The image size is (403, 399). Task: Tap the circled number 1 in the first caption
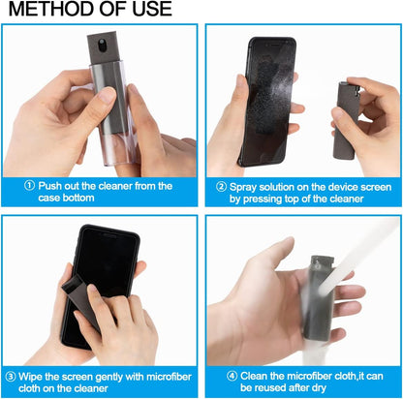click(31, 185)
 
